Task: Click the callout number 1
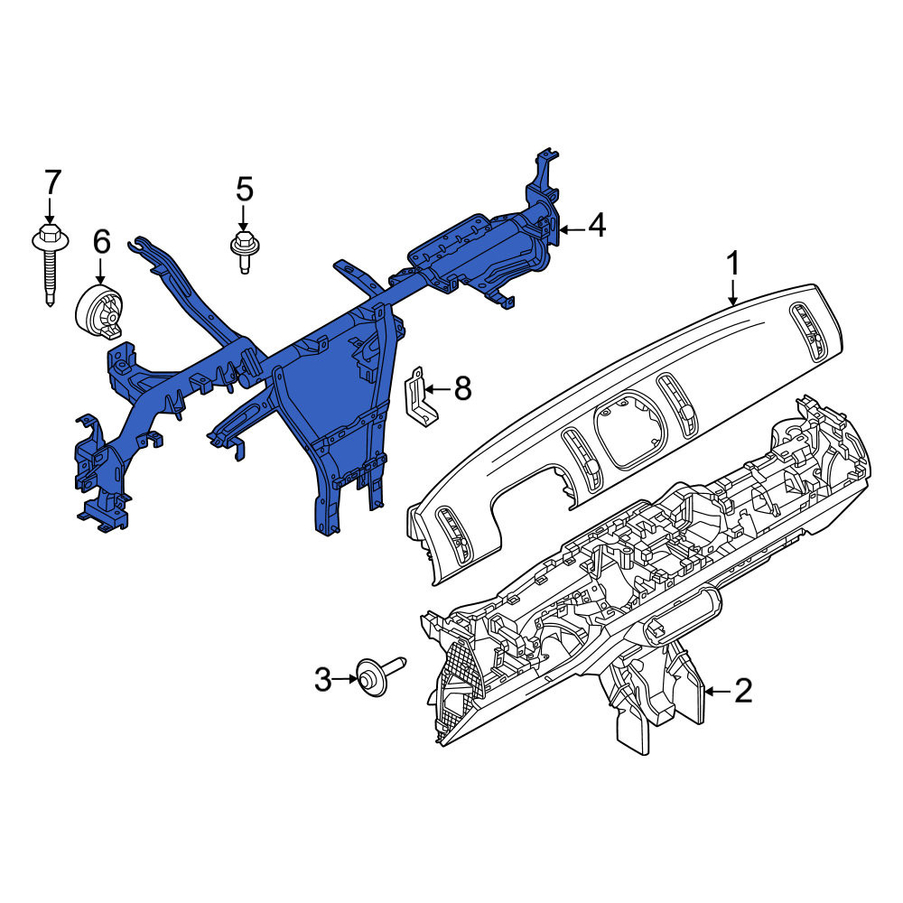732,265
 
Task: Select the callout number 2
743,691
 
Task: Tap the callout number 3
323,680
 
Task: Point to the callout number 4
597,225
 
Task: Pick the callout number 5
245,189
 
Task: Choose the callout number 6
102,242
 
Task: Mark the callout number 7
52,182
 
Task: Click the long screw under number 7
50,266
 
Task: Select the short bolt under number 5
244,253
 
